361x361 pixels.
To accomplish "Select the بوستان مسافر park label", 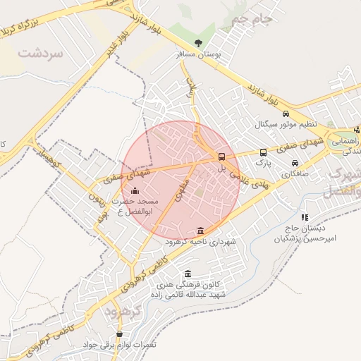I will [x=207, y=54].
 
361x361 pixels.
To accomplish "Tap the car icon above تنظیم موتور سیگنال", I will [x=285, y=114].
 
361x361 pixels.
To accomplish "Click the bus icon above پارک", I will [x=263, y=152].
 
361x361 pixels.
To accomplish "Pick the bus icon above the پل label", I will [x=221, y=157].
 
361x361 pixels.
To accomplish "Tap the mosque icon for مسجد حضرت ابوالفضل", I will [x=135, y=190].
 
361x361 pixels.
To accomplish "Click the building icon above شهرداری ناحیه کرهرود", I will [x=201, y=231].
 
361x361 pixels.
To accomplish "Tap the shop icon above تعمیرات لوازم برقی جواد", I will [x=118, y=334].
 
